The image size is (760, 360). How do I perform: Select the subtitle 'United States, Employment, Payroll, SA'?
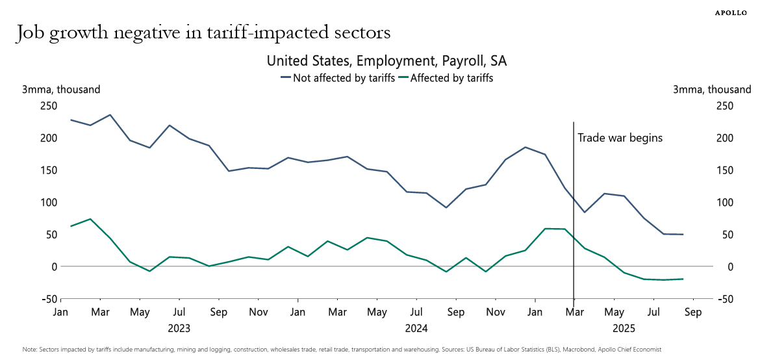[386, 61]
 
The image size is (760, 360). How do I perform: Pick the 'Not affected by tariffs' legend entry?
[338, 78]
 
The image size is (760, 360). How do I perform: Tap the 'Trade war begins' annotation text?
[620, 138]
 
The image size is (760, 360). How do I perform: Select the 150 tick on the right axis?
[724, 170]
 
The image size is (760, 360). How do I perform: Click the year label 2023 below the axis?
[179, 329]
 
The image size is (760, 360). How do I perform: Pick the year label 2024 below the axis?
[416, 329]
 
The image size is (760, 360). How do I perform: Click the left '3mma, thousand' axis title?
[61, 90]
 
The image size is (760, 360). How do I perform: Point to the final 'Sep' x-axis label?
[693, 312]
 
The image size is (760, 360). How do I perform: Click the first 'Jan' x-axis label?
[60, 312]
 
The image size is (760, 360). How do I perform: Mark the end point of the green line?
[683, 279]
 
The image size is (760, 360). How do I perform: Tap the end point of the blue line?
[683, 235]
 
